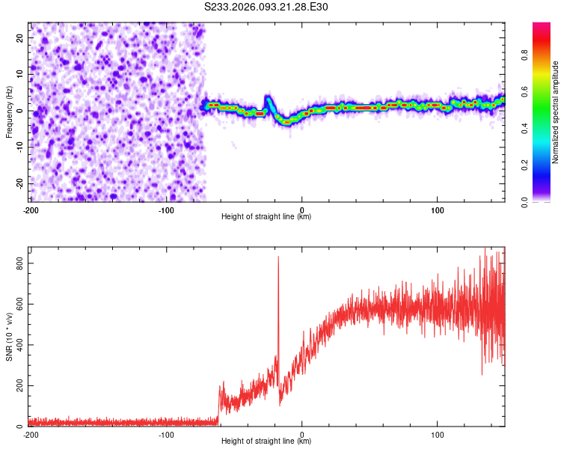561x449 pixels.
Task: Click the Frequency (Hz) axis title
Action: tap(9, 112)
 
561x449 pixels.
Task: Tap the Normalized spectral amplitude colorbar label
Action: tap(555, 112)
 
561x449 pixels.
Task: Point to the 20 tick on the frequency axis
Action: tap(21, 37)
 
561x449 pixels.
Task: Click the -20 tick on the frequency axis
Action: tap(19, 183)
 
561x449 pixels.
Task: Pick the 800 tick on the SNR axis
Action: tap(18, 263)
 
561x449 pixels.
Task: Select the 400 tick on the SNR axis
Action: tap(18, 345)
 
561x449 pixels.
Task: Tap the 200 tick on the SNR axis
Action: tap(18, 386)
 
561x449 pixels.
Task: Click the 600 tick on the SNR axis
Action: tap(18, 305)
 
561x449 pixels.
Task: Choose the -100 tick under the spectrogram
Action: tap(166, 210)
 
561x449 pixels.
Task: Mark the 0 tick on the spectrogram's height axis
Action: tap(302, 210)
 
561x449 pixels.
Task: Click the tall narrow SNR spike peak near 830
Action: tap(278, 257)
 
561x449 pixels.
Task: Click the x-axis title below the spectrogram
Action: tap(266, 217)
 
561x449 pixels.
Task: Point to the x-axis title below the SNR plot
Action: tap(266, 442)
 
